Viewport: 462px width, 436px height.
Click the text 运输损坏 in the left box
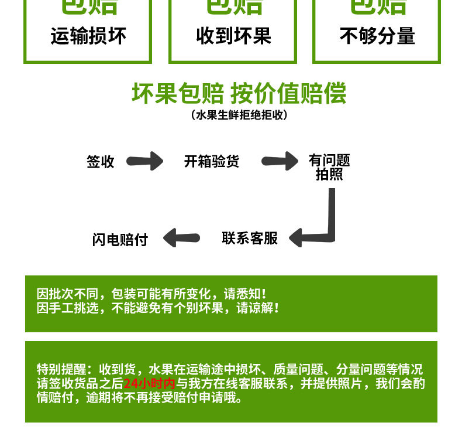(x=88, y=36)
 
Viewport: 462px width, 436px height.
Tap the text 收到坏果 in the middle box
(x=233, y=36)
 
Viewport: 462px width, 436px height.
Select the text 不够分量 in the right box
(x=377, y=36)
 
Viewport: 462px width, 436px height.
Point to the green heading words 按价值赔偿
(x=288, y=94)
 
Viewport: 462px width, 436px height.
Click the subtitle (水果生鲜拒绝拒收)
(x=239, y=115)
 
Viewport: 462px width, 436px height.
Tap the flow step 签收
(x=101, y=162)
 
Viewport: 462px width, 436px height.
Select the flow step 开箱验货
(x=212, y=161)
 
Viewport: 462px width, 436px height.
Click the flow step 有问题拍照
(x=329, y=167)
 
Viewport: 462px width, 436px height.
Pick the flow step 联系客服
(x=250, y=238)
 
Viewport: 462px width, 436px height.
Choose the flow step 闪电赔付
(x=120, y=239)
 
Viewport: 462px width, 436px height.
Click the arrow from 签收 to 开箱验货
(x=145, y=161)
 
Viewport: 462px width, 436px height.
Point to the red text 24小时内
(x=149, y=384)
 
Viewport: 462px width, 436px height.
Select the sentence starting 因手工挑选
(x=136, y=308)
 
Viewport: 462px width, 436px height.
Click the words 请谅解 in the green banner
(x=258, y=308)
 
